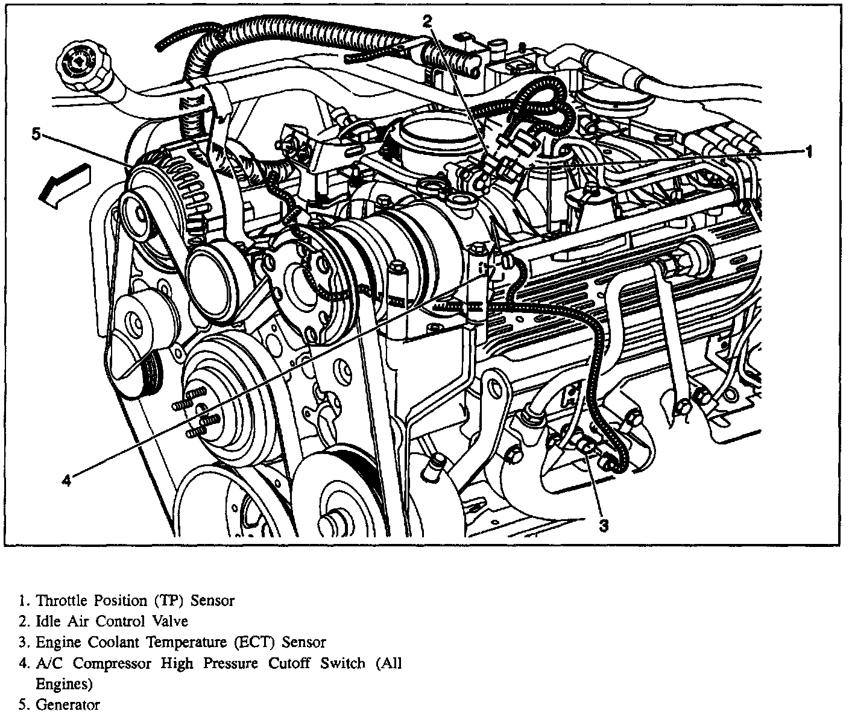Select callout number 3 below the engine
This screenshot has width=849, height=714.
604,526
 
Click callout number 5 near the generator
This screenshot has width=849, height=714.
36,134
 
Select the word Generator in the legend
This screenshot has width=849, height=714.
68,704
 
